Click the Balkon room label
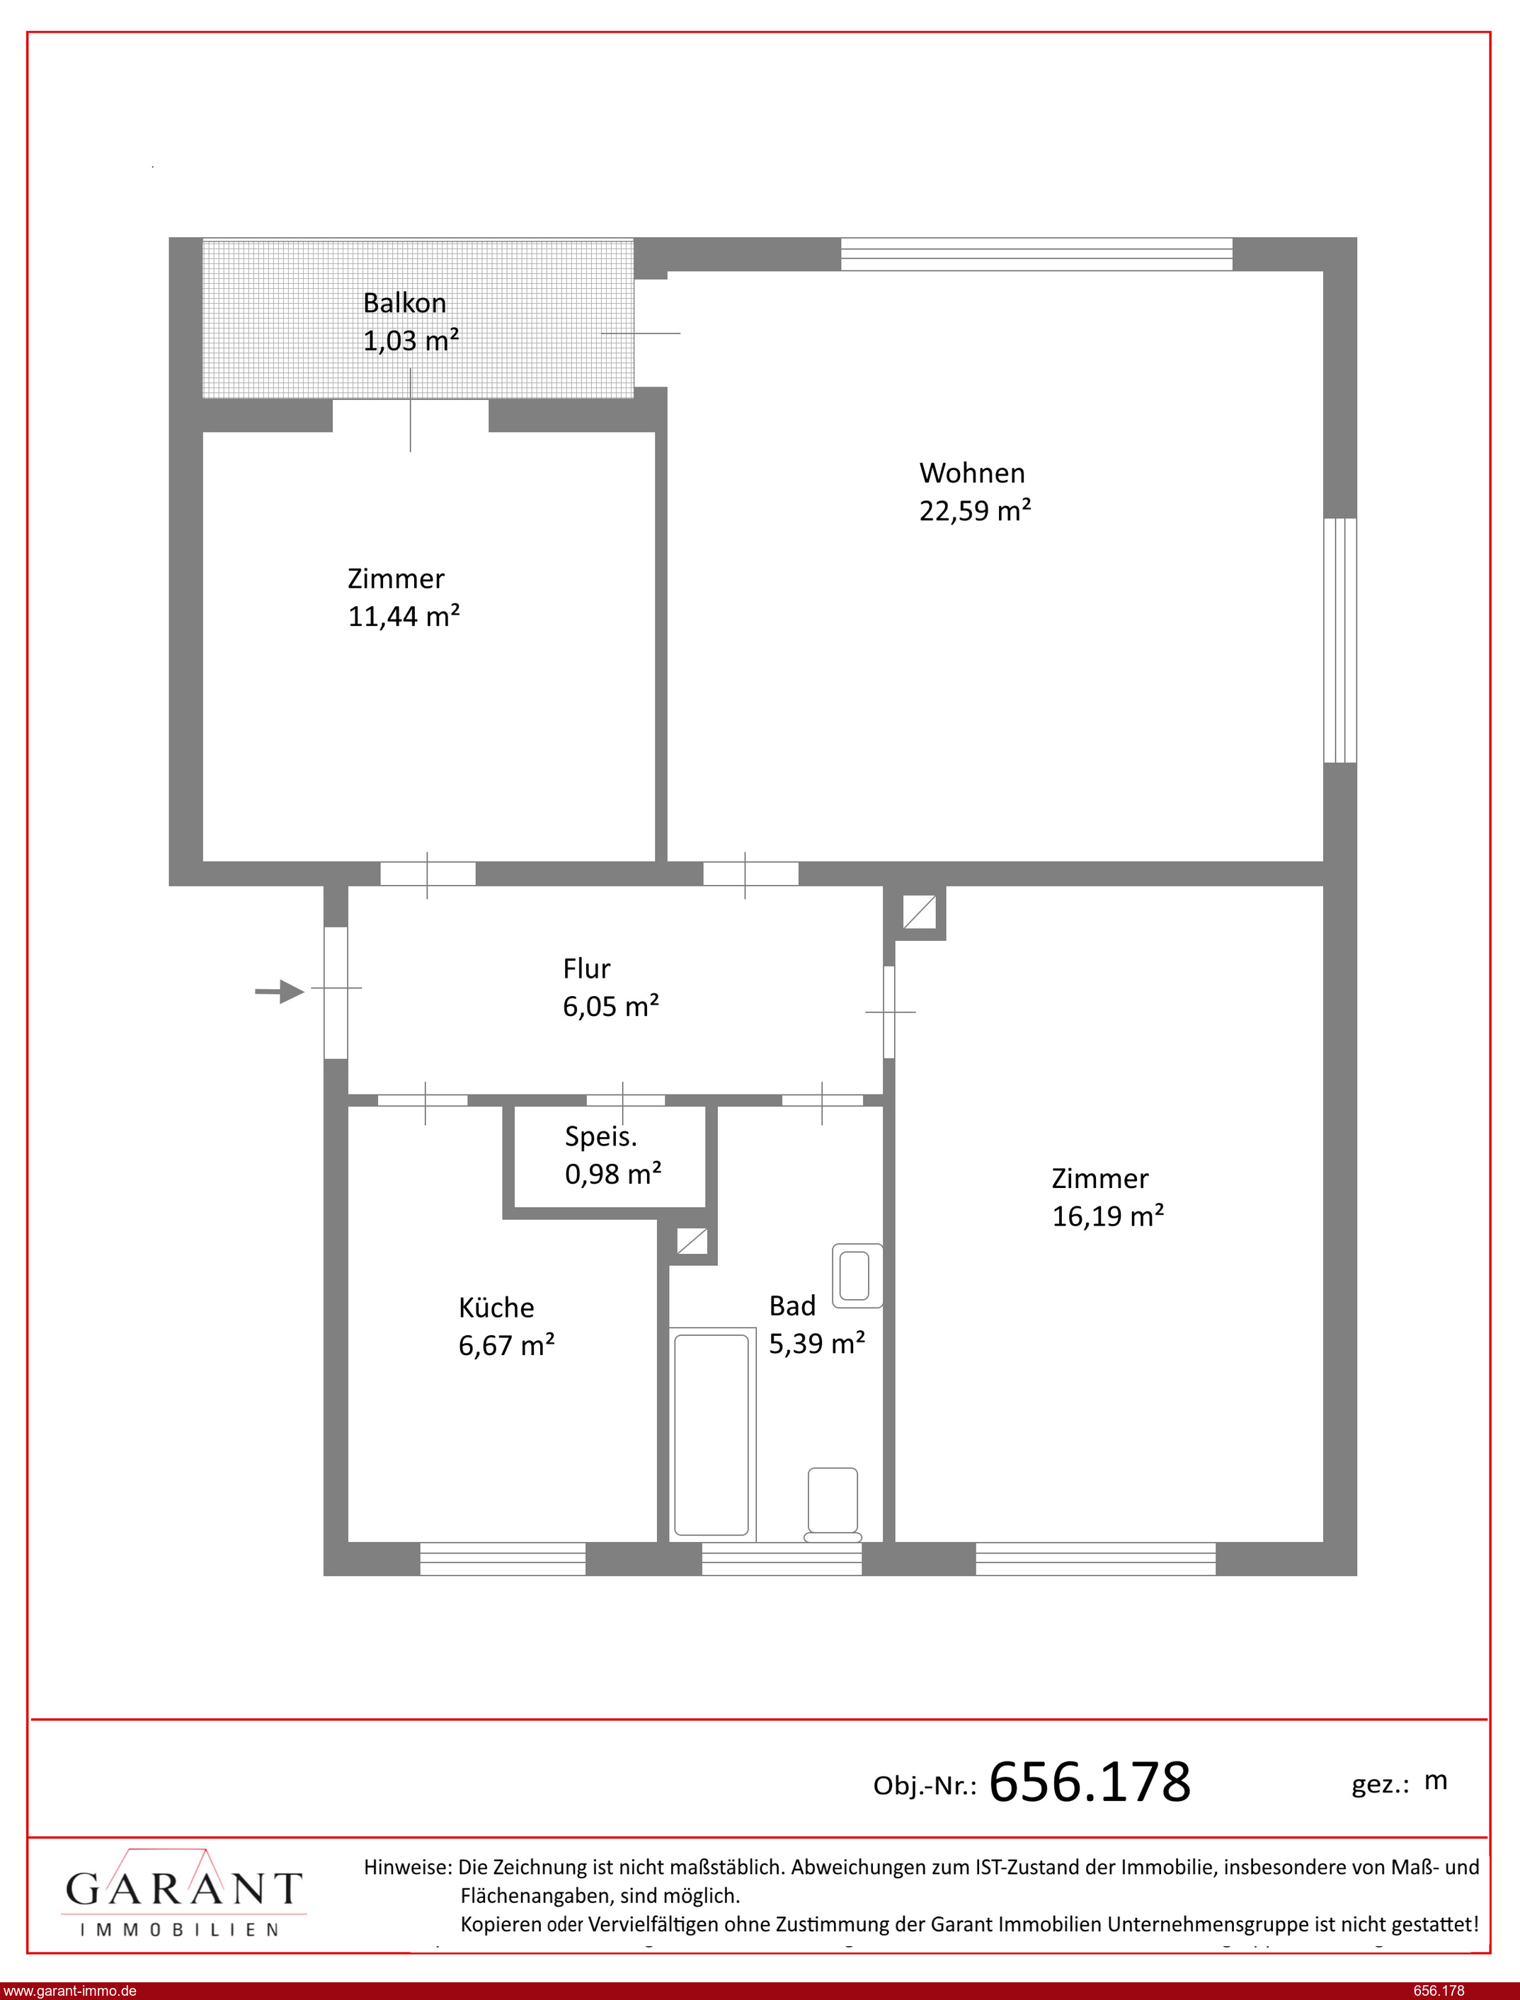click(404, 303)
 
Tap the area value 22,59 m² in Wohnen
click(976, 511)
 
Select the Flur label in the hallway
click(586, 968)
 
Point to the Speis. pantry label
click(601, 1137)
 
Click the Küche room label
click(496, 1308)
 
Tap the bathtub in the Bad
click(712, 1434)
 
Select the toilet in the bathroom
click(833, 1504)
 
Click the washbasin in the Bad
click(857, 1276)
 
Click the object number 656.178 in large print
click(1090, 1782)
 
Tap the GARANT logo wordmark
click(183, 1889)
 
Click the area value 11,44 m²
click(404, 617)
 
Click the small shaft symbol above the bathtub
click(692, 1241)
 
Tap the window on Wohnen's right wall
click(1340, 641)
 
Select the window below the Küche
click(503, 1558)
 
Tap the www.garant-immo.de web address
click(69, 1990)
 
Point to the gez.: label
click(1380, 1785)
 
